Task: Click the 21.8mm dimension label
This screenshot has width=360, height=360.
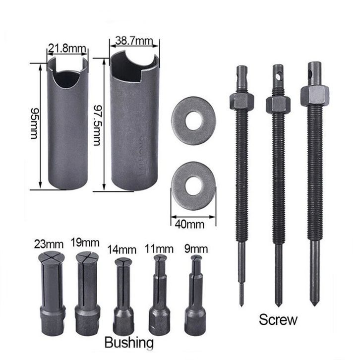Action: coord(67,49)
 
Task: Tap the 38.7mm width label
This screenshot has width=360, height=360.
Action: coord(134,41)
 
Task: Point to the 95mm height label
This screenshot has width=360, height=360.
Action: coord(34,124)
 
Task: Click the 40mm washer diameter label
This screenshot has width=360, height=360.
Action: coord(189,224)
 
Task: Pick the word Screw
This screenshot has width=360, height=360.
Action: coord(278,320)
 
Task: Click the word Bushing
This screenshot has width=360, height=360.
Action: coord(129,343)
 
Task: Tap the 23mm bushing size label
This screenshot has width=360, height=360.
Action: coord(49,244)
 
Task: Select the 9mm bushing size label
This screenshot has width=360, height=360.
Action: coord(196,249)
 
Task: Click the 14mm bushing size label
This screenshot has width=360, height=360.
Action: coord(122,250)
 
